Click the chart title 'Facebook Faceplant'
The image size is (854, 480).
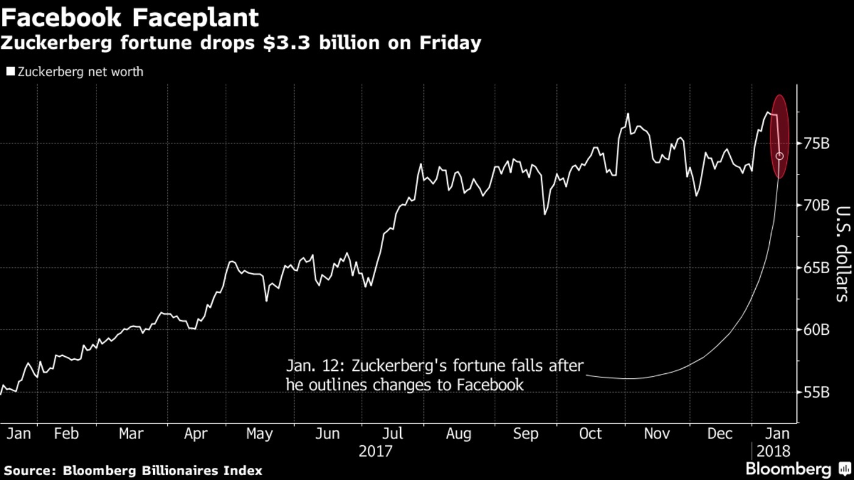click(129, 18)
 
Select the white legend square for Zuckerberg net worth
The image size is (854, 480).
click(10, 72)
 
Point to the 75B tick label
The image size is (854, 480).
click(816, 143)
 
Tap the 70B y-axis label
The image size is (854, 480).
click(816, 205)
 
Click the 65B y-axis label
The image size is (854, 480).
click(816, 268)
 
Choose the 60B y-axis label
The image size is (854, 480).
click(816, 330)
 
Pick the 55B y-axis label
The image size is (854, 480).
click(816, 392)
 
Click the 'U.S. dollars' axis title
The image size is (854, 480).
click(842, 253)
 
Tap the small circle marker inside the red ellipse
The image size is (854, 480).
click(780, 156)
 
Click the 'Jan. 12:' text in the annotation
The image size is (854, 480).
click(307, 366)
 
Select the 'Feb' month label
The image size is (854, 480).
click(66, 434)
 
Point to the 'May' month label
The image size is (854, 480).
click(259, 434)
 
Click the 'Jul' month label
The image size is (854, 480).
click(393, 434)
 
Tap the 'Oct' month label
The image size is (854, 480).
click(590, 434)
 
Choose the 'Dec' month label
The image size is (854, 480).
click(720, 434)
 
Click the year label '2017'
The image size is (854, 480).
click(375, 452)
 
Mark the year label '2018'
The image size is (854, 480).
click(773, 452)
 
